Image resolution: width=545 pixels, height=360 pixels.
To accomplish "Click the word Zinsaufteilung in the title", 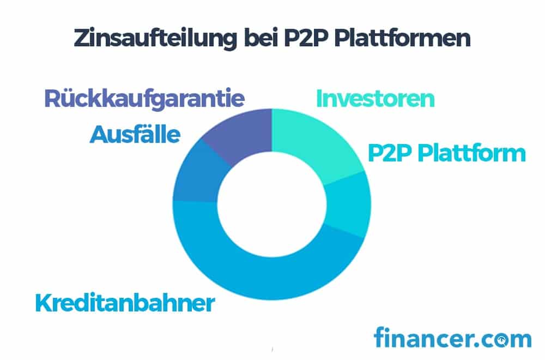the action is point(155,38).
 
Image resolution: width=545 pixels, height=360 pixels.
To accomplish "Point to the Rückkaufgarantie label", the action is point(144,99).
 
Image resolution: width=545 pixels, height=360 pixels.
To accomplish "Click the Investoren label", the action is point(376,99).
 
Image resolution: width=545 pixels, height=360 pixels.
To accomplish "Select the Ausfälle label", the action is point(135,134).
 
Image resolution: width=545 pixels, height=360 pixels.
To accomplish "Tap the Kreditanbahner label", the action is point(125,303).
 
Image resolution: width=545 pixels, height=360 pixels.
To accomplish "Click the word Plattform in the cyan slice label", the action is point(471,153).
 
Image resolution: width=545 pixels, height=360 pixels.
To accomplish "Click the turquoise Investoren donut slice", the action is point(314,142).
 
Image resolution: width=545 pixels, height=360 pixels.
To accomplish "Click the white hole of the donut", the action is point(272,205).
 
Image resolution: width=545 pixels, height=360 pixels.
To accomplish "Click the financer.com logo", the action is point(452,337).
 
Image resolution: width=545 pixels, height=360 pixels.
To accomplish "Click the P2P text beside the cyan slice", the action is point(390,153).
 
